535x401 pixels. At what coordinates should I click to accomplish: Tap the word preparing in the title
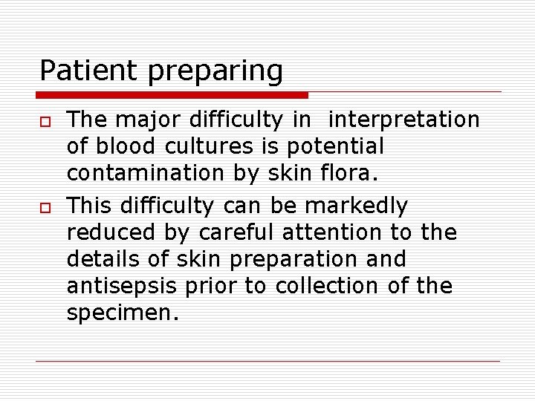(216, 73)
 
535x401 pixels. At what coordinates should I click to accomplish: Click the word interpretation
(404, 120)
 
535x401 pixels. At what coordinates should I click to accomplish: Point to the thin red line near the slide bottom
(267, 362)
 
